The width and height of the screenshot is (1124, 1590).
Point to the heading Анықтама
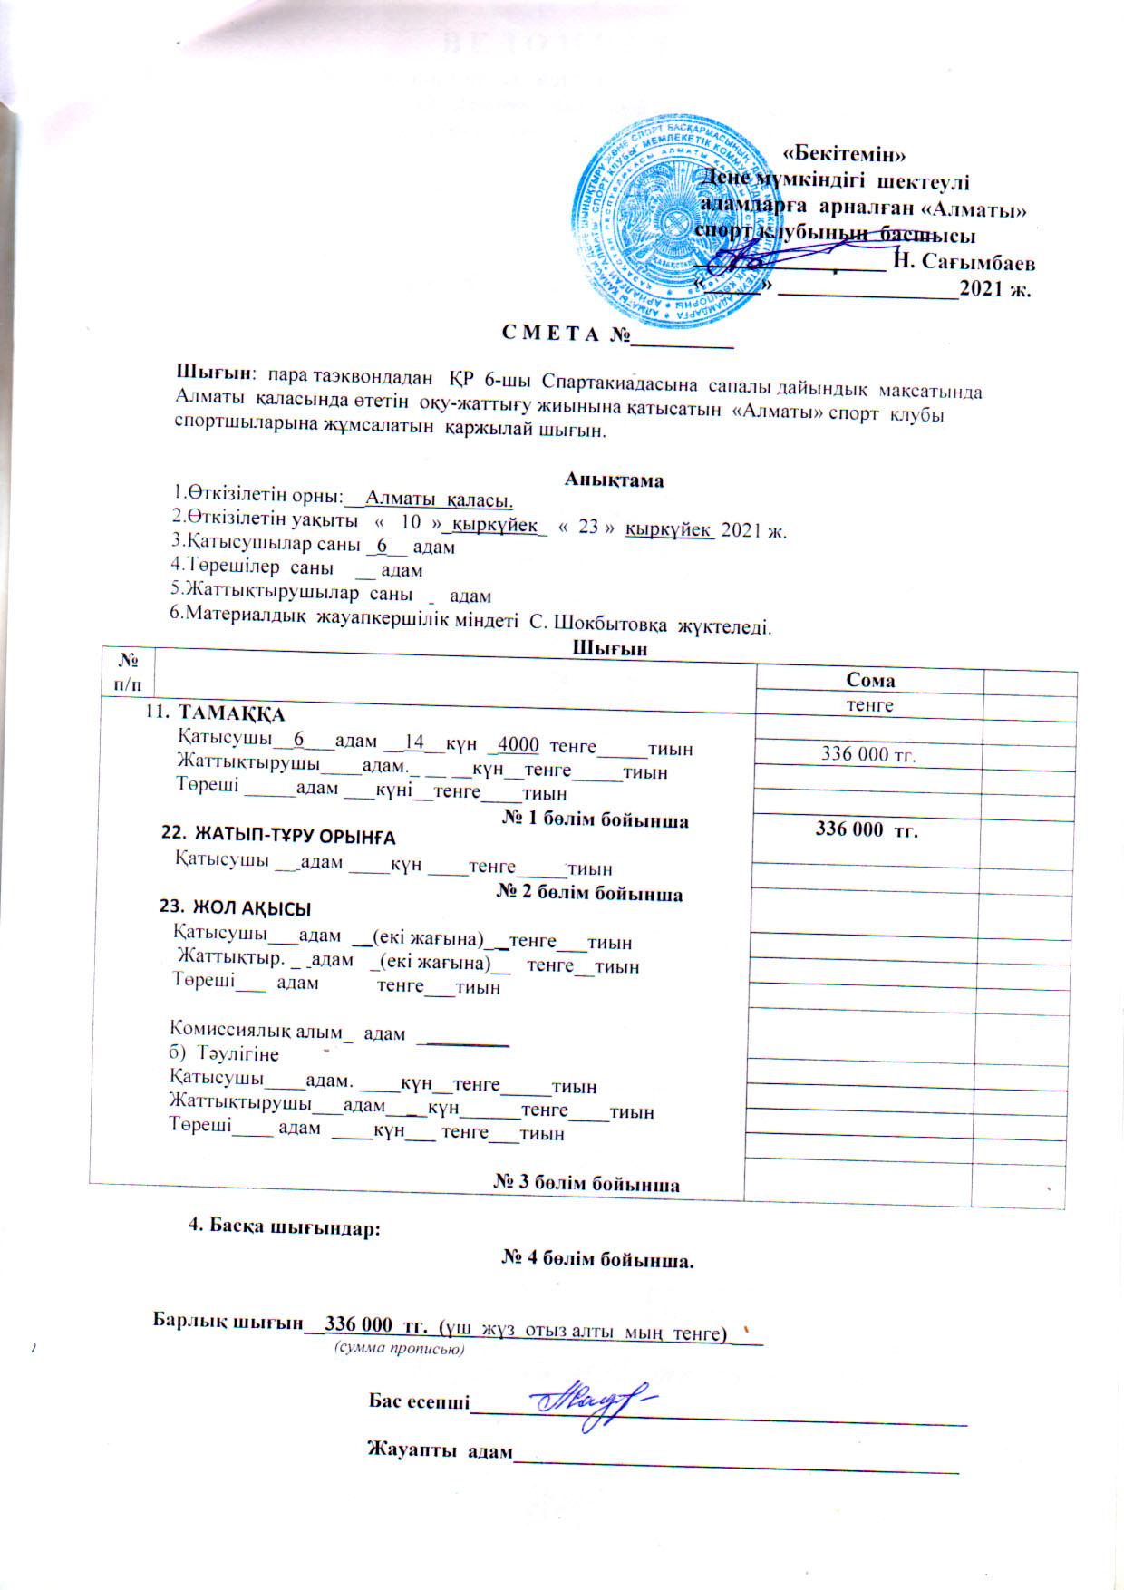point(614,480)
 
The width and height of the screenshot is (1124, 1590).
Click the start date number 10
point(411,523)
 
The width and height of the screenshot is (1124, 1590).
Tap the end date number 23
point(588,527)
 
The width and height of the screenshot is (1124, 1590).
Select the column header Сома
point(869,680)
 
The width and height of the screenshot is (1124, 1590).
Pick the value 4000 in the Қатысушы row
point(518,745)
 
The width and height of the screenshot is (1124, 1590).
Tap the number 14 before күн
point(413,742)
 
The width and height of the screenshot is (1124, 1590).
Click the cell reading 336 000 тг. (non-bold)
point(867,753)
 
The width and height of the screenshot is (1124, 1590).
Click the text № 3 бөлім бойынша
point(586,1183)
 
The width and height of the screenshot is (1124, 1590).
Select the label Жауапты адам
point(440,1449)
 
